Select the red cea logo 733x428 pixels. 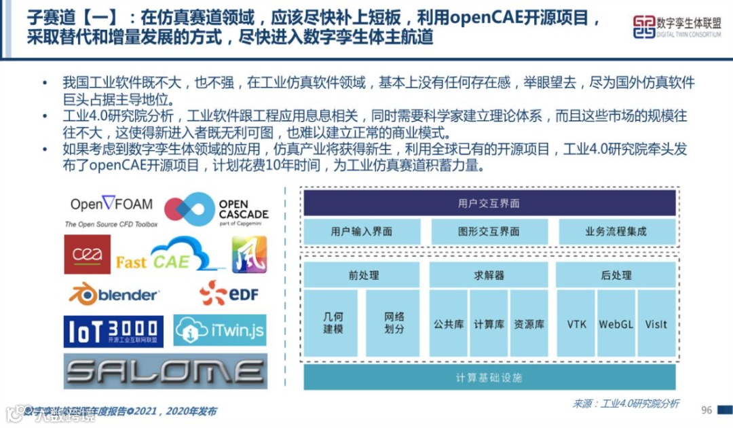click(x=87, y=254)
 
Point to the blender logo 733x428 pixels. click(x=113, y=294)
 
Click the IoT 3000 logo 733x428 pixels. click(x=113, y=331)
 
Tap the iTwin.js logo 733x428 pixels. click(x=219, y=331)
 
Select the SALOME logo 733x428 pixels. click(x=165, y=371)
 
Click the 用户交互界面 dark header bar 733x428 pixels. click(x=489, y=203)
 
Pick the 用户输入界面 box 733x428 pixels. click(x=361, y=232)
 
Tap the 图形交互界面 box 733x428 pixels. click(x=489, y=232)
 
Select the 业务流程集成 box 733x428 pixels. click(x=616, y=232)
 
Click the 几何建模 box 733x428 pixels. click(x=333, y=323)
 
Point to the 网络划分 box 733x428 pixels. click(x=394, y=323)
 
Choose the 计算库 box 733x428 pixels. click(x=489, y=324)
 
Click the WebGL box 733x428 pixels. click(x=616, y=324)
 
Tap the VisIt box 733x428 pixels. click(x=656, y=324)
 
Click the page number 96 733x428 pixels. click(x=707, y=410)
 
